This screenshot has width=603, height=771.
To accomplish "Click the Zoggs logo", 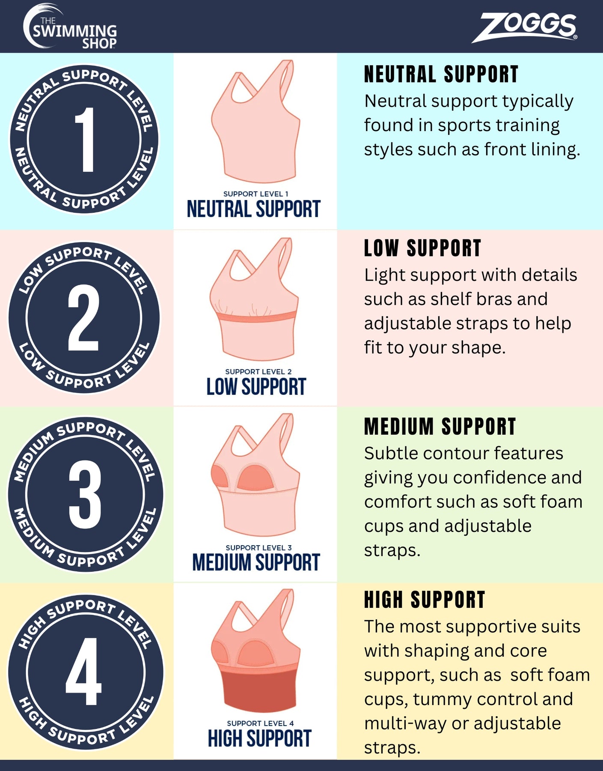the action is pyautogui.click(x=525, y=27).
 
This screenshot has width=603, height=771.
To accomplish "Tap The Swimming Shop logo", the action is pyautogui.click(x=70, y=27).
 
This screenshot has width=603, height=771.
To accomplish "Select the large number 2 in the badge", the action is pyautogui.click(x=84, y=318).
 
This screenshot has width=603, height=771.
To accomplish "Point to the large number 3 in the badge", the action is pyautogui.click(x=85, y=495).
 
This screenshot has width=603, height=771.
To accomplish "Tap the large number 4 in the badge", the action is pyautogui.click(x=84, y=671).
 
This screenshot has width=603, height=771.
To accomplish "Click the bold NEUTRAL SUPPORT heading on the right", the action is pyautogui.click(x=441, y=75).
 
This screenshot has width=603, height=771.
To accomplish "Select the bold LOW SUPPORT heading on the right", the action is pyautogui.click(x=423, y=248).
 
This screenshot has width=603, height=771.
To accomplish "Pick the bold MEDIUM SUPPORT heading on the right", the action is pyautogui.click(x=440, y=426).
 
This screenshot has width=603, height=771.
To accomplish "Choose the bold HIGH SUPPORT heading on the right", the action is pyautogui.click(x=425, y=600).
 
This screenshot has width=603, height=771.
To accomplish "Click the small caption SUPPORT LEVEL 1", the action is pyautogui.click(x=256, y=194).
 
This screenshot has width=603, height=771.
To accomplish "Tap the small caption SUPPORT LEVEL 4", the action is pyautogui.click(x=260, y=723).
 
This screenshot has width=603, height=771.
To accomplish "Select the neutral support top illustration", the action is pyautogui.click(x=255, y=121).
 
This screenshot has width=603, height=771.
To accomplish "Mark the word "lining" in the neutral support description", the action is pyautogui.click(x=555, y=150).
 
